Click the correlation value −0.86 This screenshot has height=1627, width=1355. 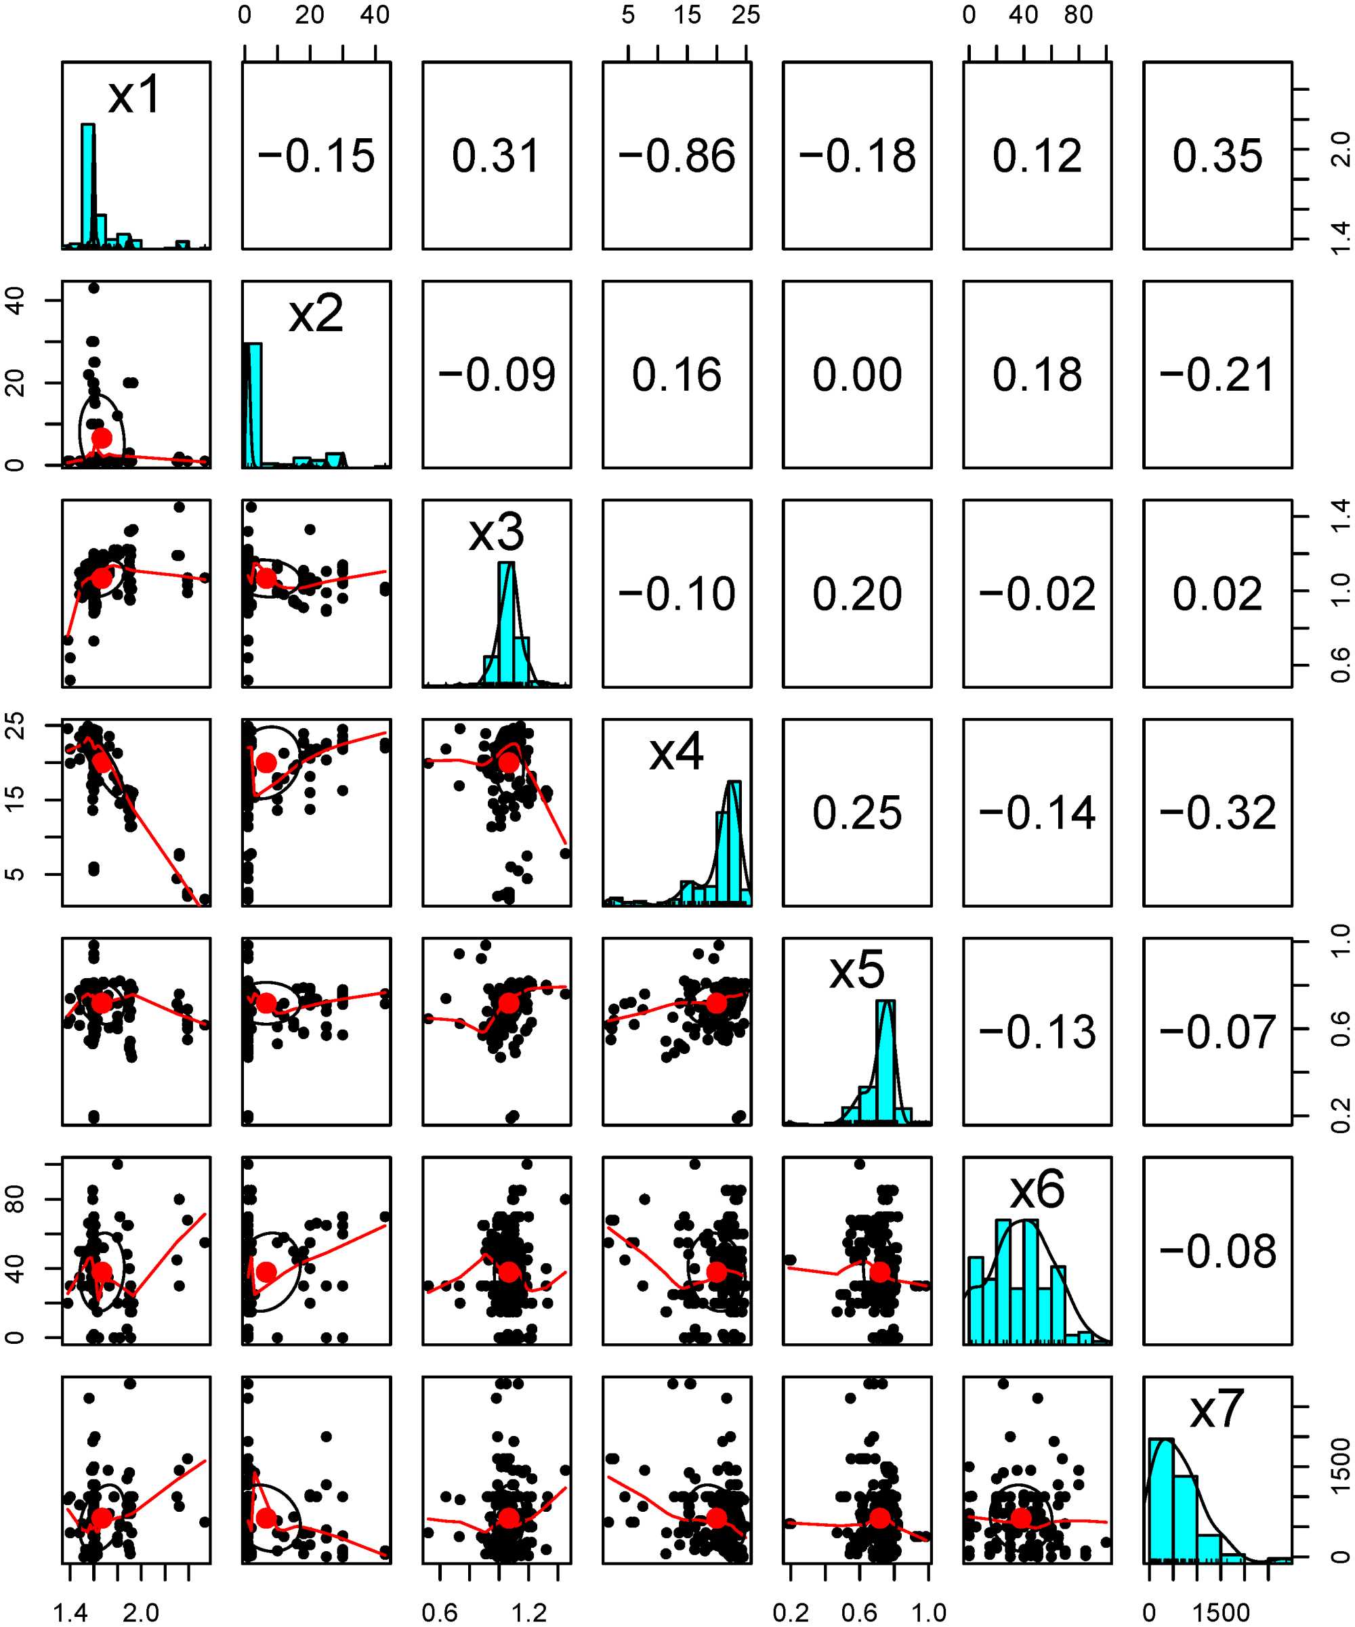pos(676,156)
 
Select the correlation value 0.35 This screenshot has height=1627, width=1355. pos(1217,156)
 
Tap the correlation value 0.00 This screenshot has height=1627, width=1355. pos(857,375)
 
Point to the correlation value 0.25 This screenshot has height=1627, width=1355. pos(857,813)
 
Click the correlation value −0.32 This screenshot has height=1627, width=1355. pos(1217,813)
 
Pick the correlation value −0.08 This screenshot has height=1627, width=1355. pos(1217,1251)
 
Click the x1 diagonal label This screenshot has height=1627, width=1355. pos(135,96)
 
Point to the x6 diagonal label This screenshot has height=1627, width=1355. pos(1037,1189)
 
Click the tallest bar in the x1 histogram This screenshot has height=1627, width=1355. pos(88,184)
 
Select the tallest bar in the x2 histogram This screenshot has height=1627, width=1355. pos(253,404)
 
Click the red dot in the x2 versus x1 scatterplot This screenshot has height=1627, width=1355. pos(102,438)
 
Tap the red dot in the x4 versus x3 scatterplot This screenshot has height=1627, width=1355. pos(508,763)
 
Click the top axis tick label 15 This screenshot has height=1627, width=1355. pos(687,15)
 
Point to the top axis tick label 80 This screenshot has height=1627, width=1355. pos(1078,15)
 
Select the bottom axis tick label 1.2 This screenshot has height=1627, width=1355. pos(529,1613)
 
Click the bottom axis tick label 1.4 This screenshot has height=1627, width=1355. pos(70,1613)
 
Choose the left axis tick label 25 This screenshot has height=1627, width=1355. pos(15,725)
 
